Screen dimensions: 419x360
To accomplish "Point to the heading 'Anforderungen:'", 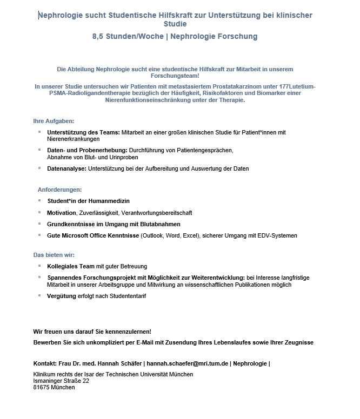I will (x=59, y=190).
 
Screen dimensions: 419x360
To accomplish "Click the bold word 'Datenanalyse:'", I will (x=66, y=168).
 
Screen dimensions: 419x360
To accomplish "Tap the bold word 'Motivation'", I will (x=62, y=213).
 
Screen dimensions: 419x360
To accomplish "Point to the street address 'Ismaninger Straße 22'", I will (x=61, y=381).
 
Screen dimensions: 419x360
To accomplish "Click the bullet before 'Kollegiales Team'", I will (x=39, y=266).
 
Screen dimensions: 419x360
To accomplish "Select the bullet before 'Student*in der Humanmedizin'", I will (x=39, y=200).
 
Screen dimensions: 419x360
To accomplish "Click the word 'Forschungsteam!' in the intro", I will (x=175, y=76).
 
